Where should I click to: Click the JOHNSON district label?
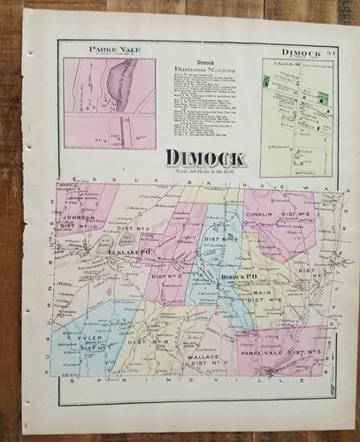80,213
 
